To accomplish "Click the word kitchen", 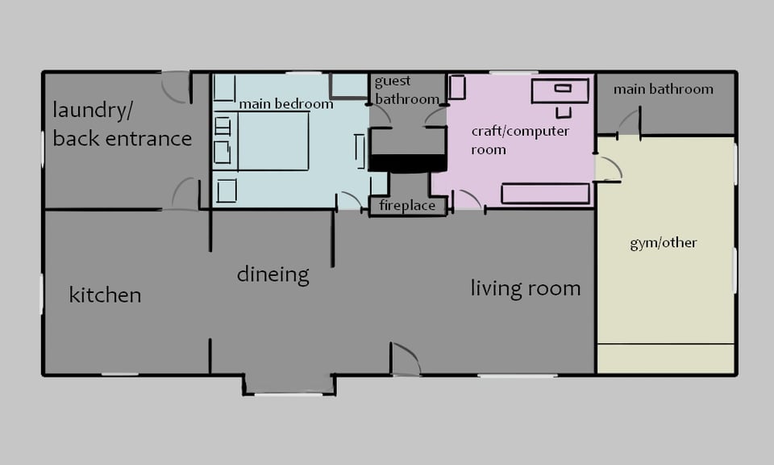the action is [x=105, y=295].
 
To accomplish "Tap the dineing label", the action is [x=273, y=274].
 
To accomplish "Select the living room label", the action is [x=525, y=288].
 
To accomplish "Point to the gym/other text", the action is [x=664, y=243].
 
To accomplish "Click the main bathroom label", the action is [x=664, y=89].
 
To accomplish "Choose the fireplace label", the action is [x=407, y=206].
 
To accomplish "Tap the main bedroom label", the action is [x=285, y=104].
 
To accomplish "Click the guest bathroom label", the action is [x=406, y=90].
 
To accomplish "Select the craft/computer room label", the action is [x=520, y=140].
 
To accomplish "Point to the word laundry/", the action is [x=92, y=111].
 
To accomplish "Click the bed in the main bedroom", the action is [x=273, y=140].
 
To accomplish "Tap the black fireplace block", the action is [x=408, y=163].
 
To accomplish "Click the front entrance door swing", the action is [x=406, y=358].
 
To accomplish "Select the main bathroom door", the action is [x=630, y=120].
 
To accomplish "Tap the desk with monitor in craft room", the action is [x=560, y=90].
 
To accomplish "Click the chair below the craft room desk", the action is [x=564, y=113].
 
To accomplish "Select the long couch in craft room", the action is [x=546, y=194].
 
